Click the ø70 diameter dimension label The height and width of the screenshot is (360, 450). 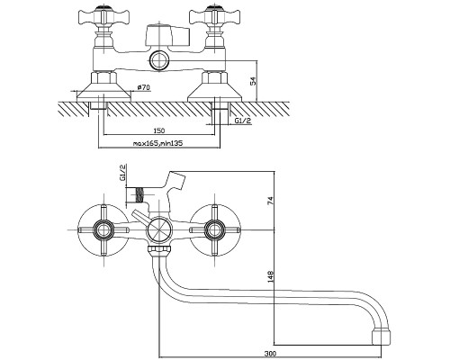point(144,87)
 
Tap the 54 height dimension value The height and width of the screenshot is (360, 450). point(254,81)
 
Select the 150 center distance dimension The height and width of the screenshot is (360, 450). point(159,130)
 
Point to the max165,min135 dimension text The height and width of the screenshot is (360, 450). point(157,143)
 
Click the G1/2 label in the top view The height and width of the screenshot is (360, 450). point(243,121)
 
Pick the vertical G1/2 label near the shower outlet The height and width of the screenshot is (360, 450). point(122,172)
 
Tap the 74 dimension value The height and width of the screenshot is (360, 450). point(270,201)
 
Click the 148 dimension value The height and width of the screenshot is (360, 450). point(270,276)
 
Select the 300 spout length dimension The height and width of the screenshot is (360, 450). point(271,354)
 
